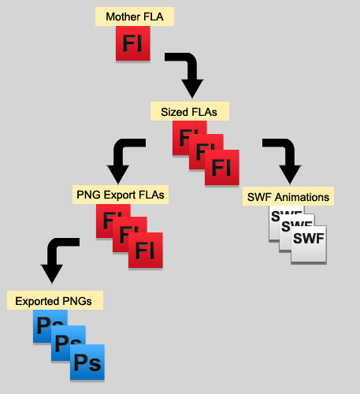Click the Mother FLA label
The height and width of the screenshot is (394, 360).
point(135,17)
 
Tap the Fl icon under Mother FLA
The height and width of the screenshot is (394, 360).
point(133,43)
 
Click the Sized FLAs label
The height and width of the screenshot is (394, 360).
point(190,111)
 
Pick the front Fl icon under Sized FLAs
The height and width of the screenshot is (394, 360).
point(222,167)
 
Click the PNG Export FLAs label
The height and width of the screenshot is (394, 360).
point(121,195)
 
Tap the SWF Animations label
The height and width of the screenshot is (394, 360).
point(288,196)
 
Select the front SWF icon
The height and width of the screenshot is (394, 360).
point(309,243)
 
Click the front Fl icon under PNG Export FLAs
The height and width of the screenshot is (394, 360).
point(146,250)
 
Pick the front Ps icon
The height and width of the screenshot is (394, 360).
point(87,362)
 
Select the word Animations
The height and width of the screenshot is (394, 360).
point(302,197)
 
